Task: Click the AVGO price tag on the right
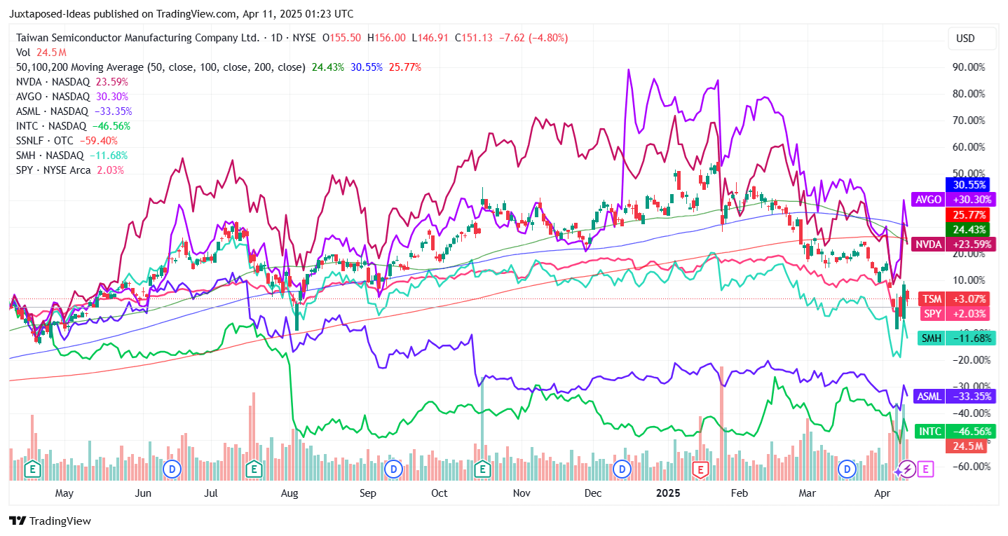(951, 199)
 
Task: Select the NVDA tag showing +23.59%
(951, 245)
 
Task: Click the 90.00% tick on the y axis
(969, 67)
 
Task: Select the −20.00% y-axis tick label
(967, 359)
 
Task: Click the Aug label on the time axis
(289, 493)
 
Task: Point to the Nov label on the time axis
(521, 493)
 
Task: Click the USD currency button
(965, 39)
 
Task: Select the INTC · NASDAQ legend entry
(73, 126)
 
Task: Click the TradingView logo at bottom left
(50, 521)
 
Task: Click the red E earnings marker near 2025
(699, 469)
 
